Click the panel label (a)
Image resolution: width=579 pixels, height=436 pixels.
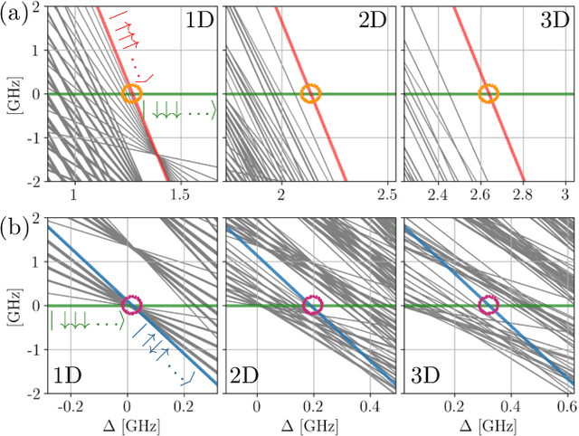(x=14, y=14)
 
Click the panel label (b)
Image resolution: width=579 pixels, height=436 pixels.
(x=14, y=227)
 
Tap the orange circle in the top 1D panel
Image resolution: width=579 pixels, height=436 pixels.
(x=132, y=94)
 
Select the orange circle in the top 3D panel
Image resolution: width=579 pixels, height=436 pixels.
(x=489, y=94)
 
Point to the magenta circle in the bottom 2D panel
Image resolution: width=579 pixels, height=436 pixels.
(x=310, y=305)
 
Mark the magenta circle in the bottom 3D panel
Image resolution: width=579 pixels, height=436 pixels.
(x=488, y=305)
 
